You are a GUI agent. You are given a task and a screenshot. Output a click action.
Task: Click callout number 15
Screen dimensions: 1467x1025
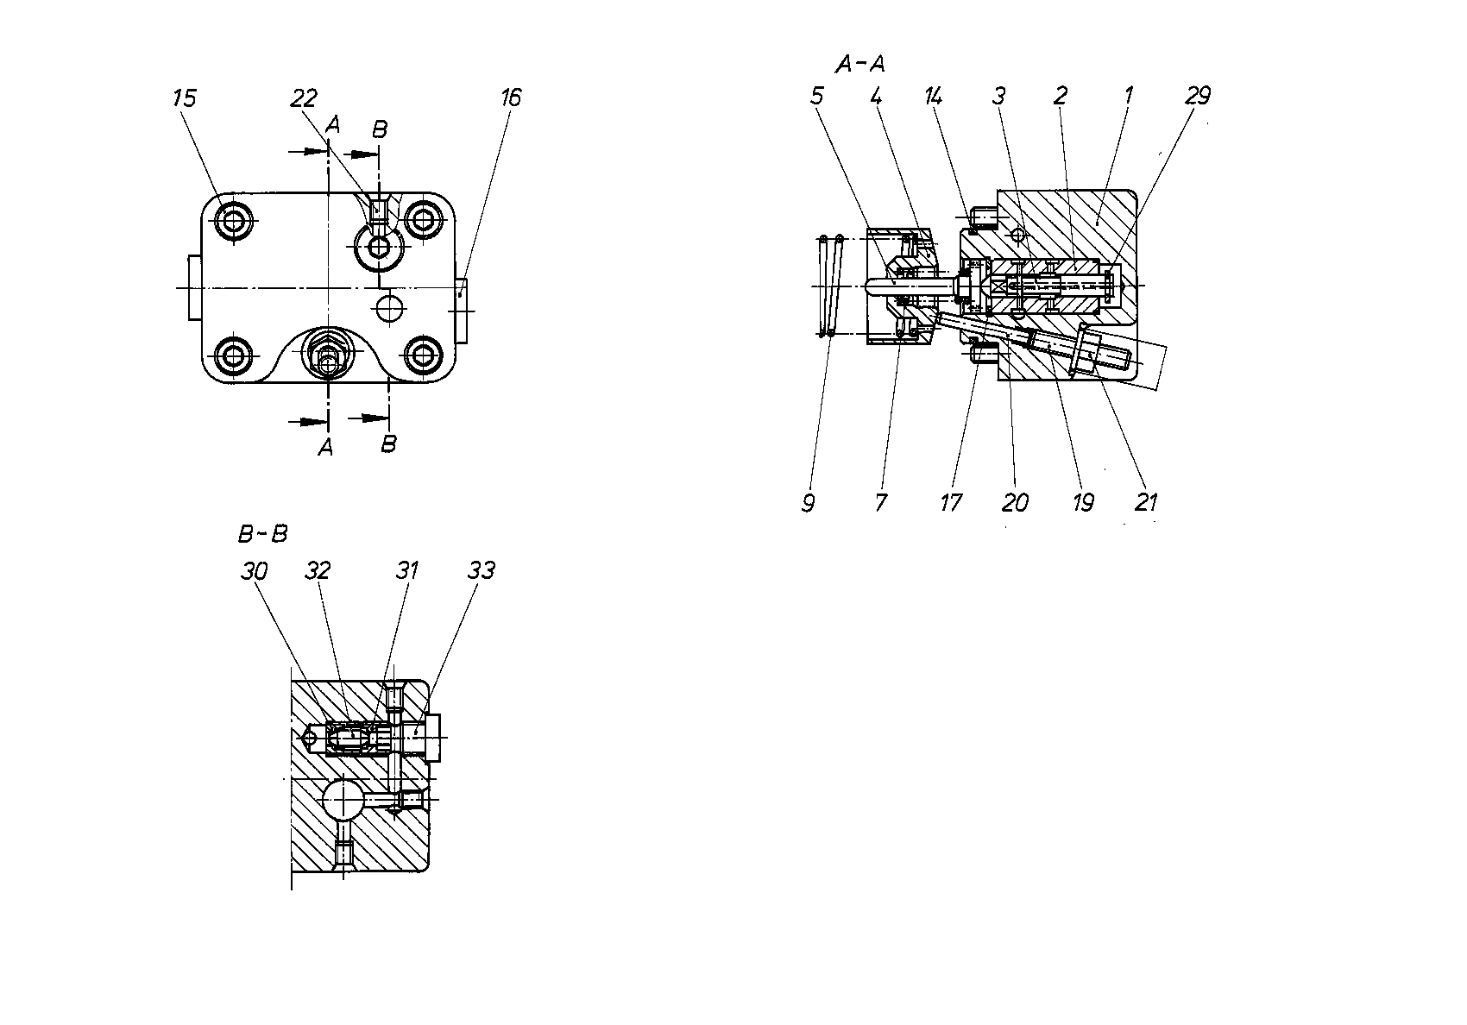pyautogui.click(x=185, y=98)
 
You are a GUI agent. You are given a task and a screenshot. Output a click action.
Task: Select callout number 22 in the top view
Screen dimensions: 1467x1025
pyautogui.click(x=304, y=98)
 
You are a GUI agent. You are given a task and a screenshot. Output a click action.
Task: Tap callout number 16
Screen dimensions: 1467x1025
pyautogui.click(x=511, y=97)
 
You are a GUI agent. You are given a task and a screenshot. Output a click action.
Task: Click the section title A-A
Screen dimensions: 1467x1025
pyautogui.click(x=859, y=64)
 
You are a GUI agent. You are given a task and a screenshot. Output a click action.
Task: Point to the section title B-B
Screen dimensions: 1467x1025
pyautogui.click(x=262, y=534)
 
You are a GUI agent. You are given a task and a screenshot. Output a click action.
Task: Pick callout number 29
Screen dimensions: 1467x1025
pyautogui.click(x=1198, y=96)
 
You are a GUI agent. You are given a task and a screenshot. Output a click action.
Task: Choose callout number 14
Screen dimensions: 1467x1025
pyautogui.click(x=933, y=97)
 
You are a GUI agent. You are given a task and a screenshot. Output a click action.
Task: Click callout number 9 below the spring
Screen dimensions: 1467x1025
pyautogui.click(x=809, y=503)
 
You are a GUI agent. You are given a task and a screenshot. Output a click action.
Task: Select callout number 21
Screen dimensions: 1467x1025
pyautogui.click(x=1146, y=502)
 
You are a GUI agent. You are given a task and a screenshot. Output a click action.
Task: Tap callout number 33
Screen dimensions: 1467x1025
pyautogui.click(x=482, y=570)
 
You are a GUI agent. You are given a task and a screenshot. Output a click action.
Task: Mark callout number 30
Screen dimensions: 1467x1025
pyautogui.click(x=254, y=571)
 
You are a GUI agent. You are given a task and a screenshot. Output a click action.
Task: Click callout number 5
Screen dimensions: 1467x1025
pyautogui.click(x=816, y=97)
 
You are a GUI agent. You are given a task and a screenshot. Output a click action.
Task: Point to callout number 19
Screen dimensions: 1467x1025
pyautogui.click(x=1083, y=502)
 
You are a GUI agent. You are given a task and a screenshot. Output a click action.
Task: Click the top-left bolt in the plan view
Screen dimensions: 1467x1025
pyautogui.click(x=233, y=221)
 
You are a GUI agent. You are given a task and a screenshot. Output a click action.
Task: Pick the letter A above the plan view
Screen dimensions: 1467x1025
pyautogui.click(x=333, y=124)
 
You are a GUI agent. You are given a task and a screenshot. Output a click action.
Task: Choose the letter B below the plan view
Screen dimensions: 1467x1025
pyautogui.click(x=388, y=444)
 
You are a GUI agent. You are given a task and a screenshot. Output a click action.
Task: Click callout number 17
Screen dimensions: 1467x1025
pyautogui.click(x=951, y=502)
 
